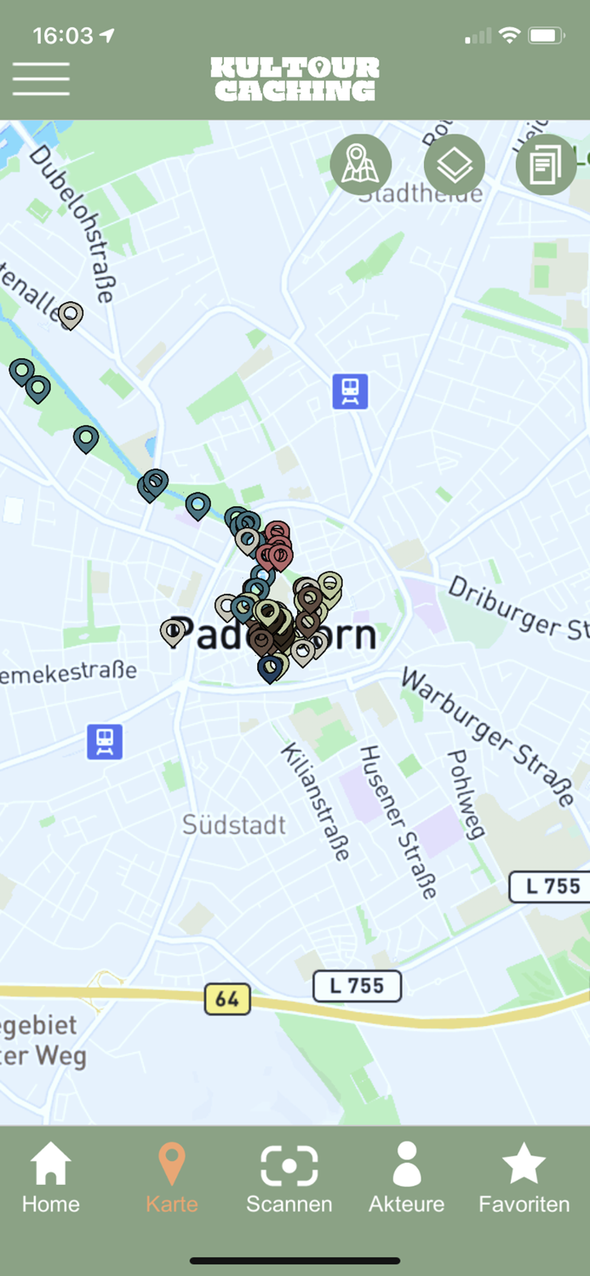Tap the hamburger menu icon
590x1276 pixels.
click(x=41, y=79)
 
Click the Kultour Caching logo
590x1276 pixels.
click(x=295, y=79)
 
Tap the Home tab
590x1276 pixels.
click(x=51, y=1178)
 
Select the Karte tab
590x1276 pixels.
click(x=172, y=1178)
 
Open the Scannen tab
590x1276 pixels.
click(x=289, y=1178)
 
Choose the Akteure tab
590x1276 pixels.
click(x=407, y=1178)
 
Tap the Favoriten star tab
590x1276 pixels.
click(x=524, y=1178)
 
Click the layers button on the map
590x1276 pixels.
click(x=454, y=165)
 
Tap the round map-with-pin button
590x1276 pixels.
click(x=361, y=165)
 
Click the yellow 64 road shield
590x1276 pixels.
click(x=227, y=998)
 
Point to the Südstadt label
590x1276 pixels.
click(x=234, y=824)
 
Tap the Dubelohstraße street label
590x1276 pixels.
click(x=72, y=223)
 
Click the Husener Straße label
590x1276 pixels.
click(x=398, y=822)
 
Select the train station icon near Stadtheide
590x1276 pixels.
click(x=350, y=391)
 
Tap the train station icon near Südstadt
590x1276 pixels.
click(x=105, y=742)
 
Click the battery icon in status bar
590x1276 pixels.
click(x=546, y=36)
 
